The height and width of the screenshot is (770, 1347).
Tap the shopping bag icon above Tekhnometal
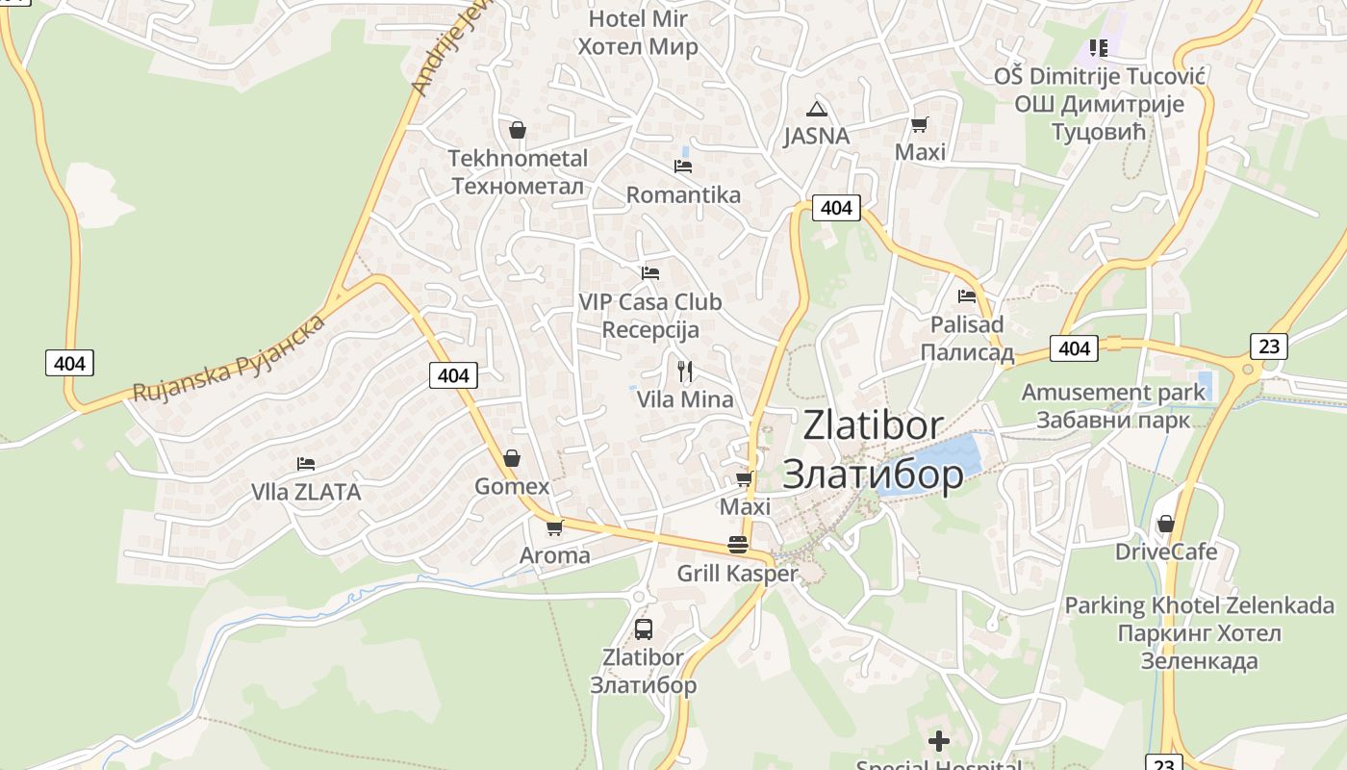click(518, 130)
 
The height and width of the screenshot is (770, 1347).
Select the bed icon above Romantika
click(683, 167)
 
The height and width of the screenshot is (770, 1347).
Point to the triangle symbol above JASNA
click(816, 109)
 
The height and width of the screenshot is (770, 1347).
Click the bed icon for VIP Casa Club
click(650, 273)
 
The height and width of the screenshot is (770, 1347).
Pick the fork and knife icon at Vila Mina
click(685, 371)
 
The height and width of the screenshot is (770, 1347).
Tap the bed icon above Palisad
click(967, 296)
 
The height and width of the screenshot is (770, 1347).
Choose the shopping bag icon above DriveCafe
click(1165, 525)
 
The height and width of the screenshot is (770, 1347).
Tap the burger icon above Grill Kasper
click(738, 545)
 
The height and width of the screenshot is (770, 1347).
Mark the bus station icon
click(644, 629)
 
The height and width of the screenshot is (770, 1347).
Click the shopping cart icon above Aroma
click(554, 527)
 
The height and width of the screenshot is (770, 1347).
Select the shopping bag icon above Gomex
click(512, 458)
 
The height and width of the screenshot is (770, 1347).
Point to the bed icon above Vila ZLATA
click(306, 464)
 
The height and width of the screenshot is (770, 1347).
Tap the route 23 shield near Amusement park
click(1269, 346)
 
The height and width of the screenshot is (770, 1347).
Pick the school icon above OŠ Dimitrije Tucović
click(1098, 47)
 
